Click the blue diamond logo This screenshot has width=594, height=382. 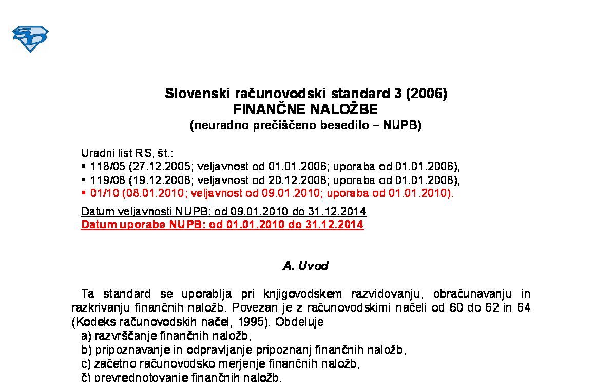[x=30, y=39]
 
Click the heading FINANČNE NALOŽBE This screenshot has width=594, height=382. [x=305, y=110]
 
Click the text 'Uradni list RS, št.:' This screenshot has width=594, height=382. [x=127, y=153]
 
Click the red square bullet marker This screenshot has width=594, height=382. [x=84, y=193]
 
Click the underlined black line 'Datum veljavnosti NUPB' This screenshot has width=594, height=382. [x=223, y=212]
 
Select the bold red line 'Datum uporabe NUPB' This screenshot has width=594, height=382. [x=222, y=225]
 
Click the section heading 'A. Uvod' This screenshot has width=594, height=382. [x=305, y=266]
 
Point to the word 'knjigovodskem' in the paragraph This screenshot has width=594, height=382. [x=302, y=294]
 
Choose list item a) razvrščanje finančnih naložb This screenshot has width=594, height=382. [x=165, y=336]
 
